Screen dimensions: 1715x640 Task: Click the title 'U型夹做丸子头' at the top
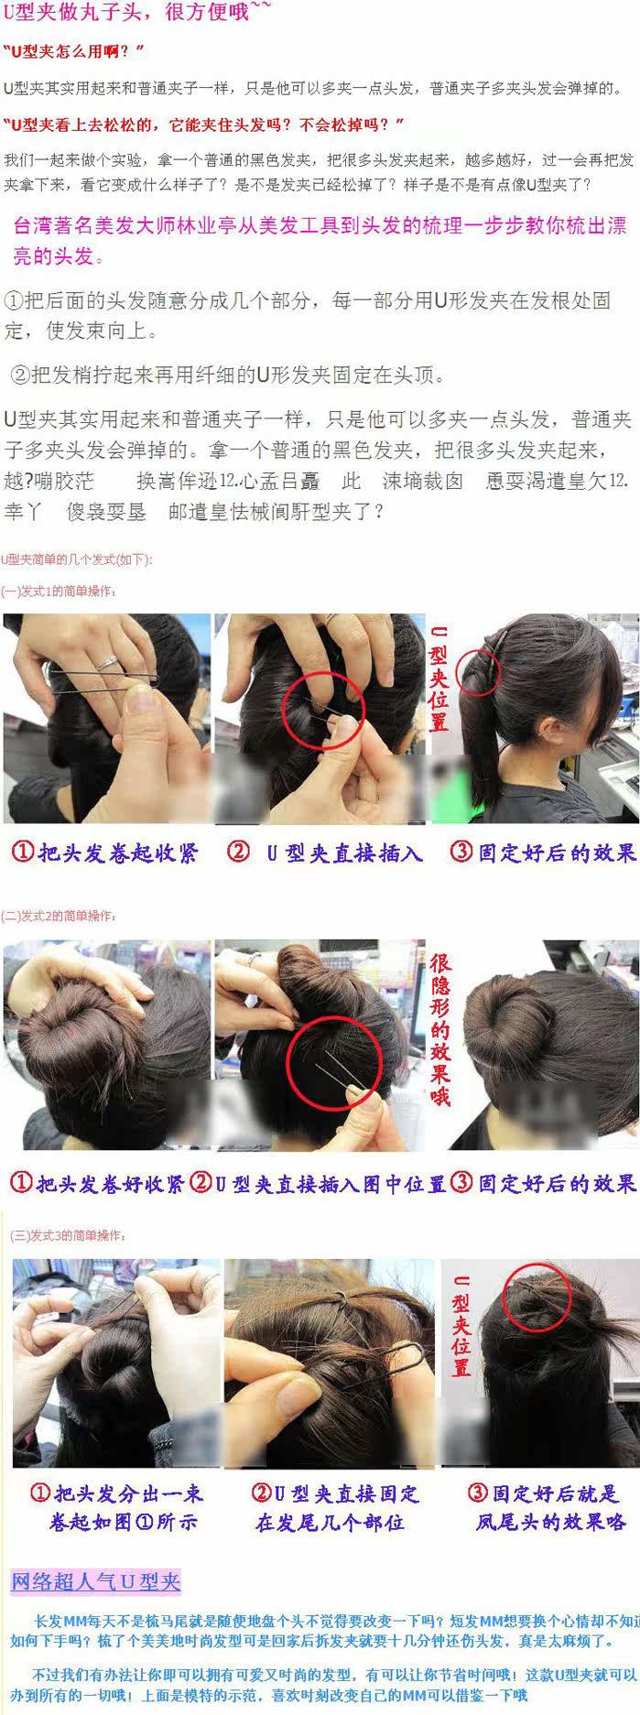click(x=137, y=13)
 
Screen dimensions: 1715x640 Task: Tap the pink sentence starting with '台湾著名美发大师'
click(x=320, y=240)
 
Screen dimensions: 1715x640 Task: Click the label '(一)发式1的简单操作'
click(x=60, y=592)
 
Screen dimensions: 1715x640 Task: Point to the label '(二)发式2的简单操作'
click(x=60, y=916)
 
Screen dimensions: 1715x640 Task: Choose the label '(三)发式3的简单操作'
click(x=68, y=1235)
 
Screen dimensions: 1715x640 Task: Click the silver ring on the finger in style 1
click(x=107, y=661)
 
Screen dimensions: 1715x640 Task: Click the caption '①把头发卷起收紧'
click(x=104, y=852)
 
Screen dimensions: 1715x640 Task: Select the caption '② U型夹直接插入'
click(x=325, y=852)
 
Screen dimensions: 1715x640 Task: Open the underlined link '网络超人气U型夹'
click(x=96, y=1581)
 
